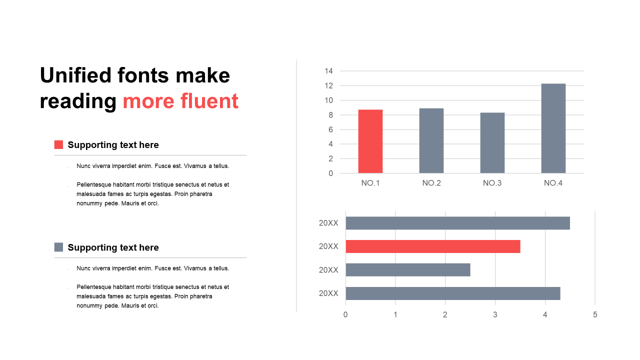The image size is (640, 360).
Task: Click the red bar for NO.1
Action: (x=370, y=141)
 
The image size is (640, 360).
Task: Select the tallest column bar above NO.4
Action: (x=553, y=128)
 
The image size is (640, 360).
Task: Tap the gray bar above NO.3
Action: (x=492, y=143)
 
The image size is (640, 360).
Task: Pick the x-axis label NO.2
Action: (x=431, y=183)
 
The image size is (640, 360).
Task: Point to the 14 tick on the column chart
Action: (x=329, y=71)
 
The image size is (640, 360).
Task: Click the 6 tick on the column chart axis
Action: (x=330, y=129)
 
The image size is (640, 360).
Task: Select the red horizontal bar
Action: (x=433, y=246)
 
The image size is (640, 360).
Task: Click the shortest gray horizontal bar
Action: (x=408, y=269)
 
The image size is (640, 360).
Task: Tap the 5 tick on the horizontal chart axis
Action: (x=595, y=314)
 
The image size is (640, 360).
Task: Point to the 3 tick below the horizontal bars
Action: (x=495, y=314)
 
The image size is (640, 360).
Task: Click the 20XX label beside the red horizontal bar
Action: (x=328, y=246)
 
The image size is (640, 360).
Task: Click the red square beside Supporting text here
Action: (x=58, y=144)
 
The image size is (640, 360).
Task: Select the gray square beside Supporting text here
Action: (x=58, y=247)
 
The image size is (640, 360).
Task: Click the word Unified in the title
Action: (x=75, y=75)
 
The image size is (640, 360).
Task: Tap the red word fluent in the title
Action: (x=209, y=101)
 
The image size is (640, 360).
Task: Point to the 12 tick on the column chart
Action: (x=329, y=85)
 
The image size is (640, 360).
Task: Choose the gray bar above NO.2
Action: (x=431, y=140)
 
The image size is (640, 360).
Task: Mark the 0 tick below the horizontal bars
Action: (x=345, y=314)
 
